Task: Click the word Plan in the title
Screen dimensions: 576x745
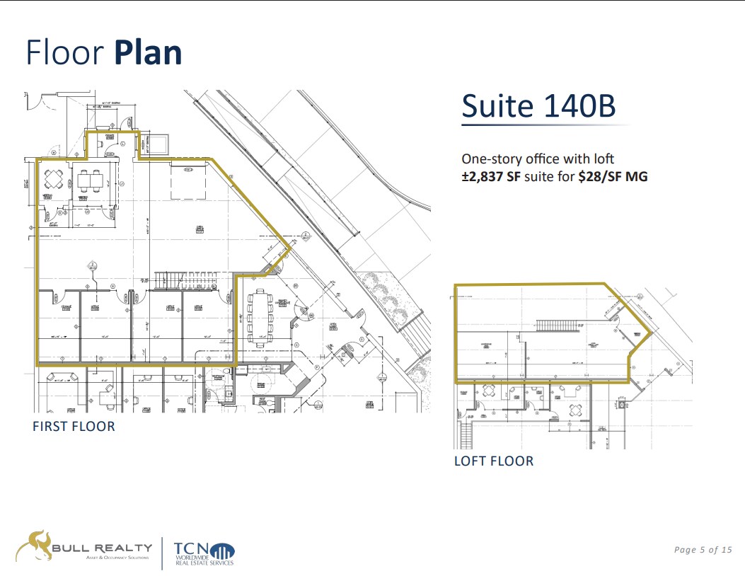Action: [148, 53]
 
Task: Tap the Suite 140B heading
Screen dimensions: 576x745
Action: [538, 106]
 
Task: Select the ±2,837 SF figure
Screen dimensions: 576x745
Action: [491, 177]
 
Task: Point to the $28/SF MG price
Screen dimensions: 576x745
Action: [613, 177]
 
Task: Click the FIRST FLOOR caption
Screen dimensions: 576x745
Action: [74, 426]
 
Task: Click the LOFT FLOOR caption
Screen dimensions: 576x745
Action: [494, 461]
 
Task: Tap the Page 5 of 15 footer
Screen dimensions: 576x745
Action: [703, 550]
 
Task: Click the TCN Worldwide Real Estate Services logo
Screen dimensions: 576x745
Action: [202, 553]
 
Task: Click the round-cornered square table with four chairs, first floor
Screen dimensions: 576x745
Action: [54, 180]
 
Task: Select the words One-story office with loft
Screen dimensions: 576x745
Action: [538, 159]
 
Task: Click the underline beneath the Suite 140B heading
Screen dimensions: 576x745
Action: [545, 126]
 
